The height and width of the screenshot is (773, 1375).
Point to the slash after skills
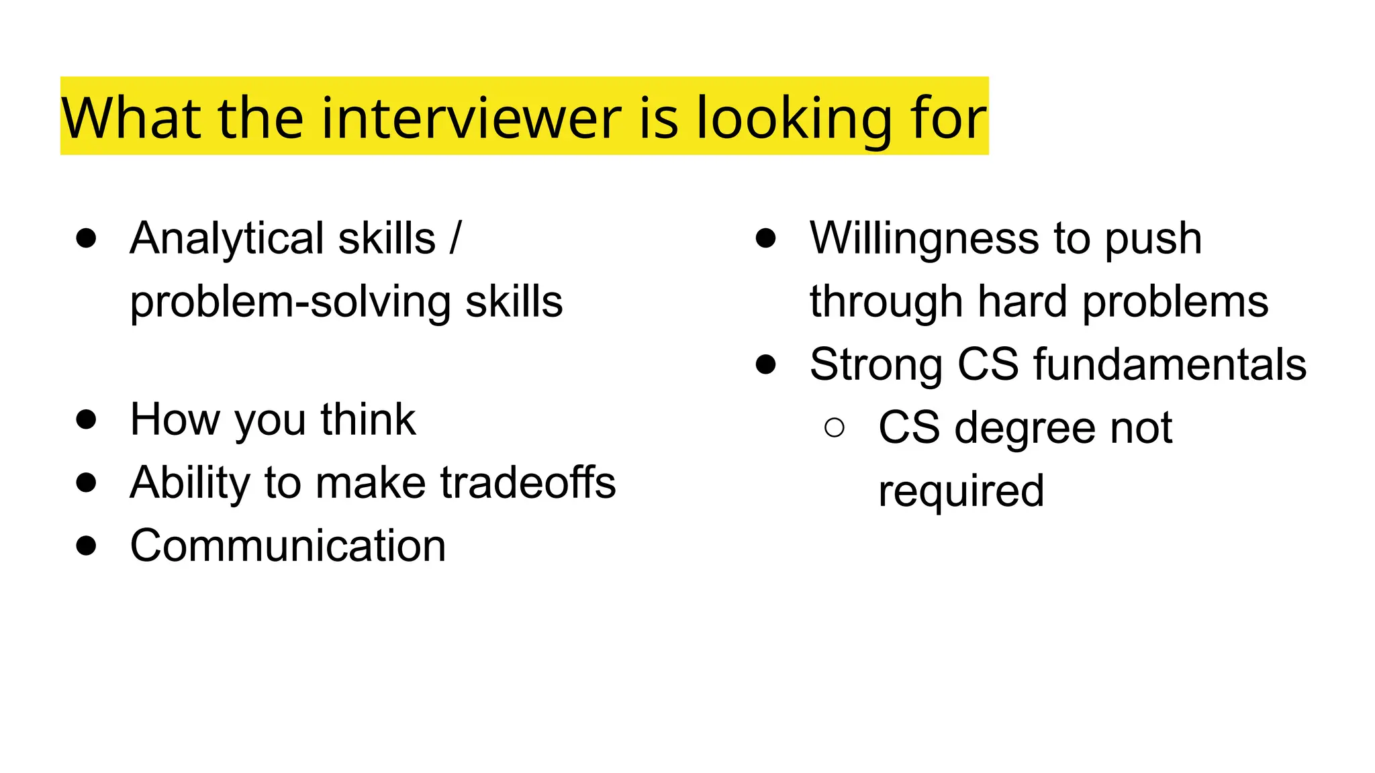point(456,238)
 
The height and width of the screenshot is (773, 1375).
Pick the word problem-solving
point(289,302)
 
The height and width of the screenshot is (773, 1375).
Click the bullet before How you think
point(86,419)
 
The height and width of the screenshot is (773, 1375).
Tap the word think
point(368,419)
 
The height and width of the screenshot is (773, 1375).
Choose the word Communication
point(288,546)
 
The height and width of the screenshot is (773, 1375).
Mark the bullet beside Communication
point(86,546)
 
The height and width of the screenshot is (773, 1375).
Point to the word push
point(1153,238)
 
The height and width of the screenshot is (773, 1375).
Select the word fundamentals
point(1170,364)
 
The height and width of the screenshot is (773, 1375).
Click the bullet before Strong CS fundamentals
point(765,364)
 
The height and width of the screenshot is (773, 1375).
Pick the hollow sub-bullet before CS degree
point(834,427)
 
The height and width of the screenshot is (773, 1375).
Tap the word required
point(961,491)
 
